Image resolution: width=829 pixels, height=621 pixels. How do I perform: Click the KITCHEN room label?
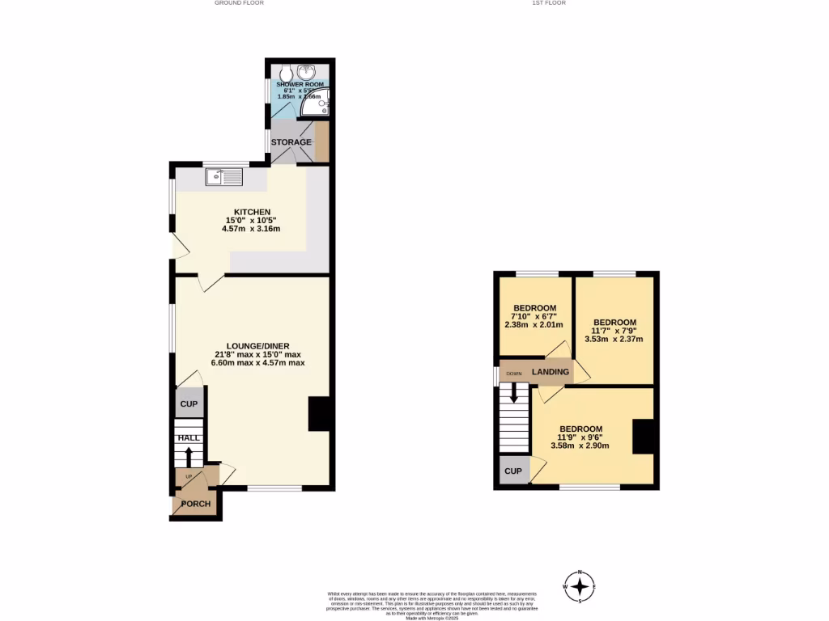(x=251, y=211)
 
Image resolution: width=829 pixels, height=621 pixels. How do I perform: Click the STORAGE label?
(x=291, y=142)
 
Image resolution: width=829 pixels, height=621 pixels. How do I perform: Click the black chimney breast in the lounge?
(x=320, y=414)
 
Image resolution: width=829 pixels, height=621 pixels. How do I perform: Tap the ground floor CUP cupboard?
(x=189, y=403)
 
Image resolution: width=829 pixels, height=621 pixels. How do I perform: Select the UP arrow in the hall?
(x=189, y=457)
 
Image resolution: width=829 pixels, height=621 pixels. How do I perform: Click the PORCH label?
(x=195, y=504)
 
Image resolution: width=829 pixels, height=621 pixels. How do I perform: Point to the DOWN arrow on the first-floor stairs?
(x=512, y=393)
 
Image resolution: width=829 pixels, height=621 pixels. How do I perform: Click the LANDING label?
(x=551, y=372)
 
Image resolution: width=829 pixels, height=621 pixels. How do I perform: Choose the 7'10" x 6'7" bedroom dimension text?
(x=535, y=316)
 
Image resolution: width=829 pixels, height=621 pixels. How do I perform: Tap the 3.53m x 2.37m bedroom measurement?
(x=614, y=339)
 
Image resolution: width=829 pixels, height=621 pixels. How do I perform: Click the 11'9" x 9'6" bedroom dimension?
(x=580, y=437)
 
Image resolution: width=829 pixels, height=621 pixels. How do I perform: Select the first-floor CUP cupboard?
(x=512, y=471)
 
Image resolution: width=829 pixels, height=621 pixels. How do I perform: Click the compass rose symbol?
(x=580, y=586)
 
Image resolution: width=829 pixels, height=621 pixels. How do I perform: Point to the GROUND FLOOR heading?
(x=239, y=3)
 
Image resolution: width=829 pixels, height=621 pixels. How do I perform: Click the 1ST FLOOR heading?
(x=548, y=3)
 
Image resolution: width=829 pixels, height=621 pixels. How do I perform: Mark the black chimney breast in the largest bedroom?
(x=643, y=437)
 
